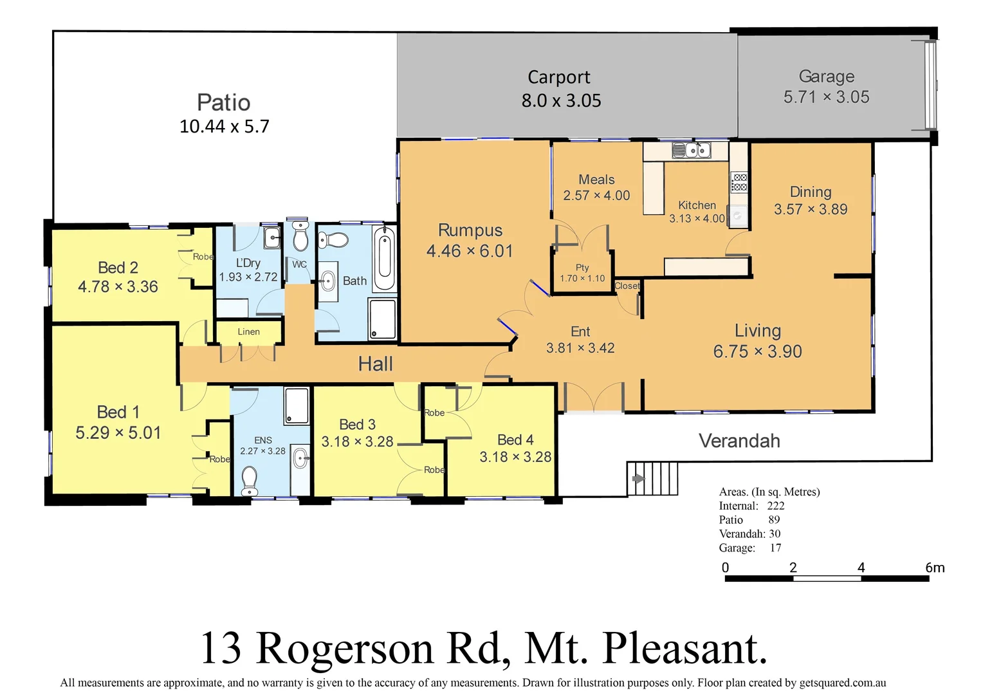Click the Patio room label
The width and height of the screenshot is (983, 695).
(x=223, y=103)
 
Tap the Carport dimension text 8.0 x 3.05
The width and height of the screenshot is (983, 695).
(x=561, y=101)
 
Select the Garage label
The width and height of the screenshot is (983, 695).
(x=826, y=77)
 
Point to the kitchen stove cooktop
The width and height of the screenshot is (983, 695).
(x=739, y=182)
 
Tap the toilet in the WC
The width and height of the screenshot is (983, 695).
(x=300, y=237)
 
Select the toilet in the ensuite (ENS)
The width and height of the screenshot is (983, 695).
(x=250, y=479)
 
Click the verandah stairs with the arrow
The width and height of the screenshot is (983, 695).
(x=652, y=478)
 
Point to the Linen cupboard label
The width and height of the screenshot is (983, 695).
(x=248, y=332)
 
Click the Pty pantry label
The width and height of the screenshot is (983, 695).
(x=582, y=268)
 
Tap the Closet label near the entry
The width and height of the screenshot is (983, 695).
(x=627, y=286)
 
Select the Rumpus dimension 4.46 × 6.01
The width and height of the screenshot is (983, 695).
(x=470, y=251)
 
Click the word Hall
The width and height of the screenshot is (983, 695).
(x=375, y=364)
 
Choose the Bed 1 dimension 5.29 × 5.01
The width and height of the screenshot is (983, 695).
(x=118, y=433)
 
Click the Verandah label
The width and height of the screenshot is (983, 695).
(x=739, y=441)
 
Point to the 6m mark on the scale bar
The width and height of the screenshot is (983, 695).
(x=934, y=568)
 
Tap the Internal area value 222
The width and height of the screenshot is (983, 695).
(x=775, y=506)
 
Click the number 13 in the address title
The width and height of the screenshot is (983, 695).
(x=221, y=648)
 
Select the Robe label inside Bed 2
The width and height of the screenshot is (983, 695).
(x=203, y=257)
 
